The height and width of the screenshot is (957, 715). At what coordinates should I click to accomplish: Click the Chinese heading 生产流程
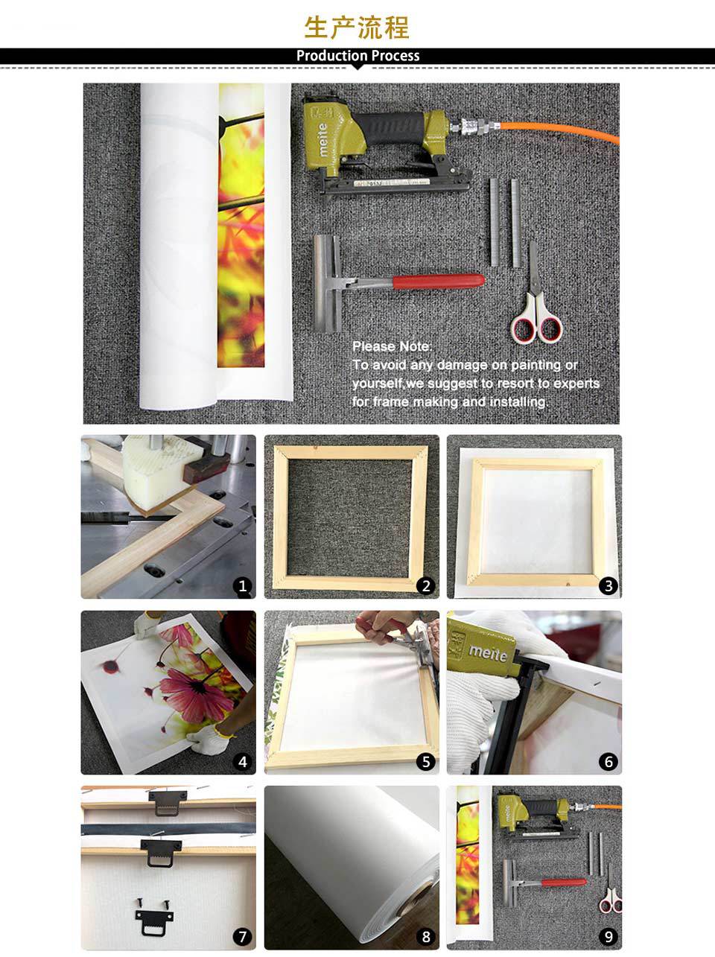tap(357, 28)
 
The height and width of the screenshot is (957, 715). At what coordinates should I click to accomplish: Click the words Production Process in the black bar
tap(358, 56)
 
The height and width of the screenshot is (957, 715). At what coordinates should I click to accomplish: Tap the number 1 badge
tap(242, 585)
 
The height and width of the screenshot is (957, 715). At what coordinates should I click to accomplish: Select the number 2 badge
tap(425, 585)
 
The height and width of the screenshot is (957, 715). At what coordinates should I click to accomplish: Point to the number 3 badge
tap(608, 585)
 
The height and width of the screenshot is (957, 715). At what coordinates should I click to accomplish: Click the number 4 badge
tap(242, 762)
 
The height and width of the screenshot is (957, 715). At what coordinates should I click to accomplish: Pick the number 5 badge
tap(425, 762)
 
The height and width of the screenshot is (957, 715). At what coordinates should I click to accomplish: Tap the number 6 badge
tap(608, 762)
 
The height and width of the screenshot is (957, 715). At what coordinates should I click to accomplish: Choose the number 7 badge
tap(242, 937)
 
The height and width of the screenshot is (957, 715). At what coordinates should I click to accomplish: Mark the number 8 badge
tap(425, 937)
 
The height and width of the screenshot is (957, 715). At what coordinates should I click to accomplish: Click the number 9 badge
tap(608, 937)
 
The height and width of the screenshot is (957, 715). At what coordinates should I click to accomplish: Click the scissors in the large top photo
tap(536, 305)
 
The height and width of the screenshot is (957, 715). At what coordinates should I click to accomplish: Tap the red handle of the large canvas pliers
tap(438, 281)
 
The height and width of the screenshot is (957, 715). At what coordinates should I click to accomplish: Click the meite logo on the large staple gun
tap(323, 139)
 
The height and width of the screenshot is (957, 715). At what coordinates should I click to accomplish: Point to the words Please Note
tap(392, 346)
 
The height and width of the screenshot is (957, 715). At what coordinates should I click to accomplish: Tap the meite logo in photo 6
tap(488, 653)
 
